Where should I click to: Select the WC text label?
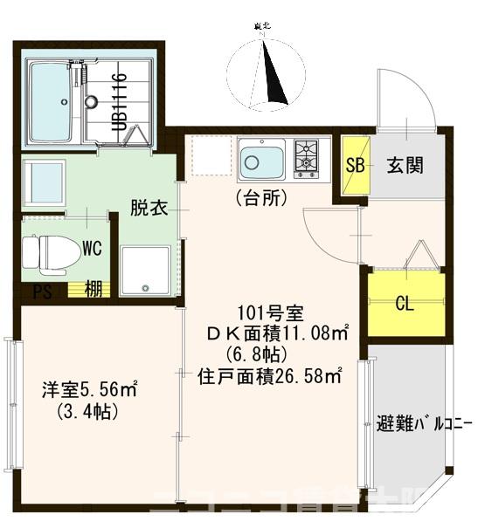[x=93, y=248]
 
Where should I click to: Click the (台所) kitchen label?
[x=260, y=198]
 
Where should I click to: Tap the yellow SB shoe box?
[x=355, y=167]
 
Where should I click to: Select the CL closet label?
[x=405, y=304]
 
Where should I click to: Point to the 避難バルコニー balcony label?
[x=424, y=427]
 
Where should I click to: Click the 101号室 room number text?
[x=269, y=312]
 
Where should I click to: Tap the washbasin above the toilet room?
[x=44, y=182]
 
